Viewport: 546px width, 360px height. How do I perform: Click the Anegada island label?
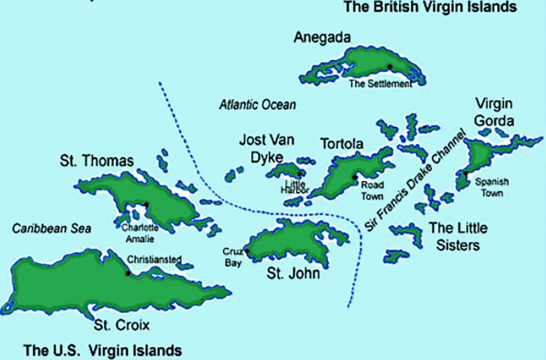pos(322,38)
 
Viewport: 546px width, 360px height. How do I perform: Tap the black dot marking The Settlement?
pos(390,66)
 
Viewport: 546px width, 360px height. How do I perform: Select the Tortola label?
pos(342,144)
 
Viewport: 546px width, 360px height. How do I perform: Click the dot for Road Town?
pos(355,177)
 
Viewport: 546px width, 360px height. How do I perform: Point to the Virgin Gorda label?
pos(494,112)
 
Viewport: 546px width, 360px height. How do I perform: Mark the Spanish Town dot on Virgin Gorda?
pos(466,173)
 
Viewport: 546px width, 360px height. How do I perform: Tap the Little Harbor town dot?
pos(299,174)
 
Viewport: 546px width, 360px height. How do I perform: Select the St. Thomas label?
pos(97,161)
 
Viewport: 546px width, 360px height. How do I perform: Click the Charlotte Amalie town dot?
pos(146,205)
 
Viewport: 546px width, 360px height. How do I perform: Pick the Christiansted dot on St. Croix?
pos(128,273)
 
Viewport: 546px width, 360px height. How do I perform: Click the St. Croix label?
pos(122,325)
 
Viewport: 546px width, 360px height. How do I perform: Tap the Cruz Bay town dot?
pos(247,251)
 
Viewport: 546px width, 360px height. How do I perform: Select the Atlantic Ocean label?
pos(257,104)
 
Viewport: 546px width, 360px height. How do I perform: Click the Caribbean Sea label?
pos(52,228)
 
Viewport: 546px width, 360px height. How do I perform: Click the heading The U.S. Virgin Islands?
pos(103,350)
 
